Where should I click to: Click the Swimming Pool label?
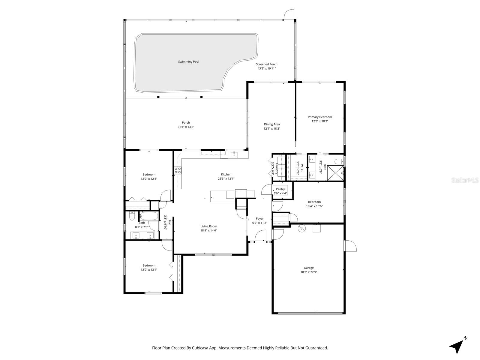(188, 61)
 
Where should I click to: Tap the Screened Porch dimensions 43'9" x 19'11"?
(266, 68)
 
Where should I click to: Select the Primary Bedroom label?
(320, 117)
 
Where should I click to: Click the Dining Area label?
(272, 124)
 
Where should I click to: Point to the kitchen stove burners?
(178, 170)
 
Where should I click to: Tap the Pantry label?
(280, 189)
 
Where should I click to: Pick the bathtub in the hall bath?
(148, 216)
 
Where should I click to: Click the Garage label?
(308, 268)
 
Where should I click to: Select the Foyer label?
(259, 219)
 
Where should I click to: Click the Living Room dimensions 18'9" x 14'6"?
(208, 230)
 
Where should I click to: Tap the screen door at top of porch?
(289, 15)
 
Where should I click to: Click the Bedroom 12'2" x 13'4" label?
(149, 265)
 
